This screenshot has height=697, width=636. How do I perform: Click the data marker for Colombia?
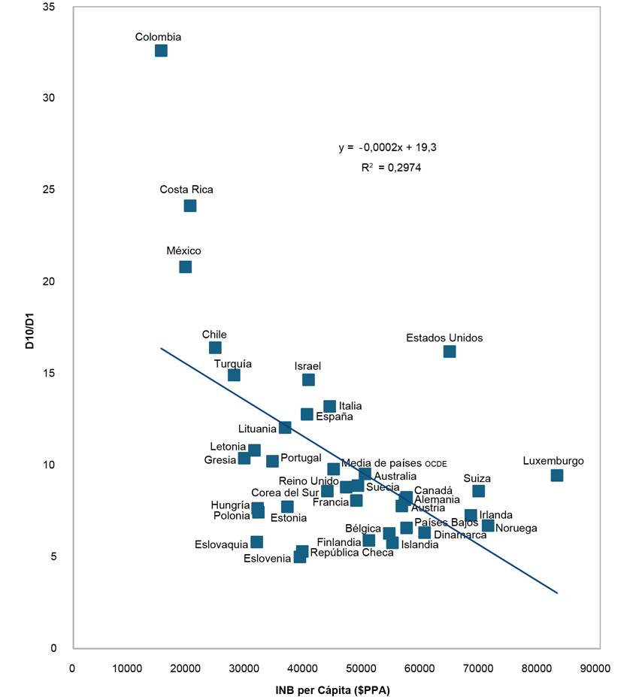pos(161,50)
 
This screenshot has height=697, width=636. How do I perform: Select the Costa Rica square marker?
pos(190,205)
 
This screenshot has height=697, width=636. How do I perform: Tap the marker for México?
pos(186,267)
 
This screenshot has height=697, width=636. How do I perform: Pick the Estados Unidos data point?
pos(450,351)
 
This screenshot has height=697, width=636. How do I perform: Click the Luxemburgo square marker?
pos(557,475)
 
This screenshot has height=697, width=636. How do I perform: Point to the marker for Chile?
pos(215,347)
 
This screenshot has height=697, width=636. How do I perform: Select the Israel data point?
pos(308,380)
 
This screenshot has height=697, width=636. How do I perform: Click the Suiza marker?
pos(478,491)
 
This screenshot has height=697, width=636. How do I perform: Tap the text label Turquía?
pos(233,363)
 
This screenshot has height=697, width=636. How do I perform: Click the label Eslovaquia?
pos(221,544)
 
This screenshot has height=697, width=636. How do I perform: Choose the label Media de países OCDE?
pos(394,463)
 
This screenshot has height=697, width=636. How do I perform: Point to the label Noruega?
pos(516,528)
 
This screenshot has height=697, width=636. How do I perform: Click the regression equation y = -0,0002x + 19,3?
pos(387,147)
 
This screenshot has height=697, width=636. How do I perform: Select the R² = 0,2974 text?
pos(391,168)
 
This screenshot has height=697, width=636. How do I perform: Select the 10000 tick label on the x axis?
pos(130,666)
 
